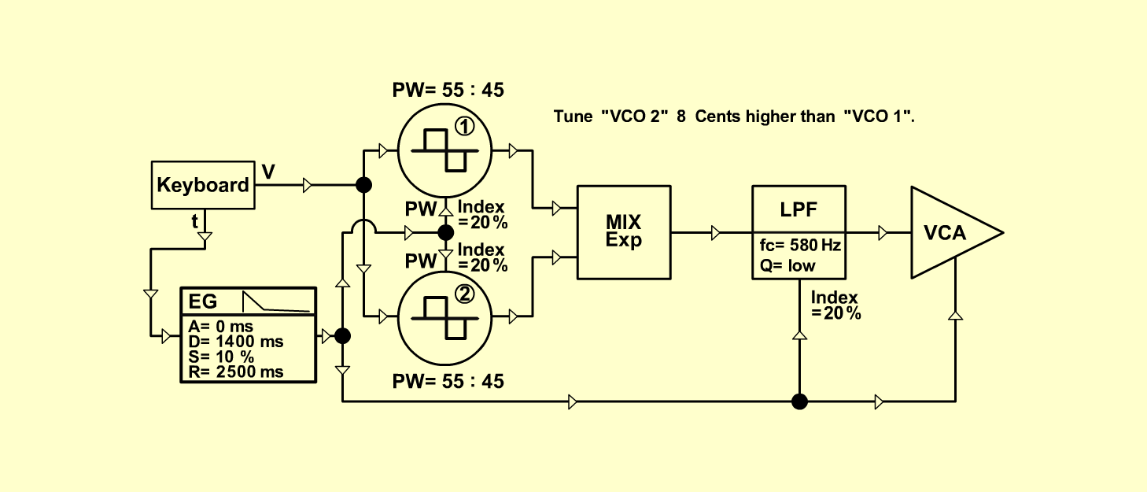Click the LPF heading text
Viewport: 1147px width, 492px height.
tap(798, 209)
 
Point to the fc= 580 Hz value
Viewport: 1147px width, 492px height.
tap(800, 245)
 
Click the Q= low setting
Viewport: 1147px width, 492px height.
tap(787, 265)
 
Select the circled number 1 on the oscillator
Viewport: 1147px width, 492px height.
tap(464, 127)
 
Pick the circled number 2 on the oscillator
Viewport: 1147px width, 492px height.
tap(464, 294)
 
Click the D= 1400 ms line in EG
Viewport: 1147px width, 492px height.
tap(235, 342)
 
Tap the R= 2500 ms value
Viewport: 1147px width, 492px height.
tap(235, 372)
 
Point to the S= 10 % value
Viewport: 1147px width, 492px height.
tap(221, 357)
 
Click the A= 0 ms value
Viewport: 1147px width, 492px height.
tap(221, 327)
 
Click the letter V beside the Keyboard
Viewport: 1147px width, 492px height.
tap(268, 172)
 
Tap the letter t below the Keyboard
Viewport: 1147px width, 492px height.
tap(194, 221)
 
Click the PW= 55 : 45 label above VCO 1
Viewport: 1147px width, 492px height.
tap(448, 91)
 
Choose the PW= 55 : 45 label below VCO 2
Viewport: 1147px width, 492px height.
tap(448, 381)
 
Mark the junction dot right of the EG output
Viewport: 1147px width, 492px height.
tap(342, 336)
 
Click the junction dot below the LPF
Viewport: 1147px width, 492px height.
tap(799, 401)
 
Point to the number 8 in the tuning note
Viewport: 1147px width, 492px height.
tap(680, 117)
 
